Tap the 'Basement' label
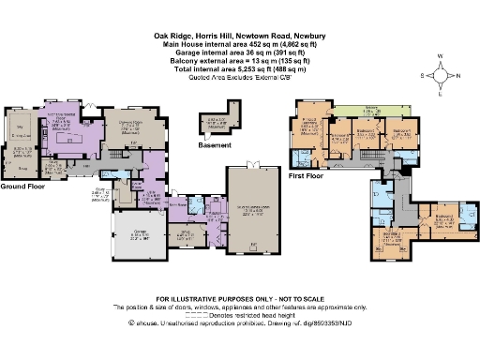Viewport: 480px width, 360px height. [216, 146]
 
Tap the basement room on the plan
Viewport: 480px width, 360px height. [215, 124]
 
